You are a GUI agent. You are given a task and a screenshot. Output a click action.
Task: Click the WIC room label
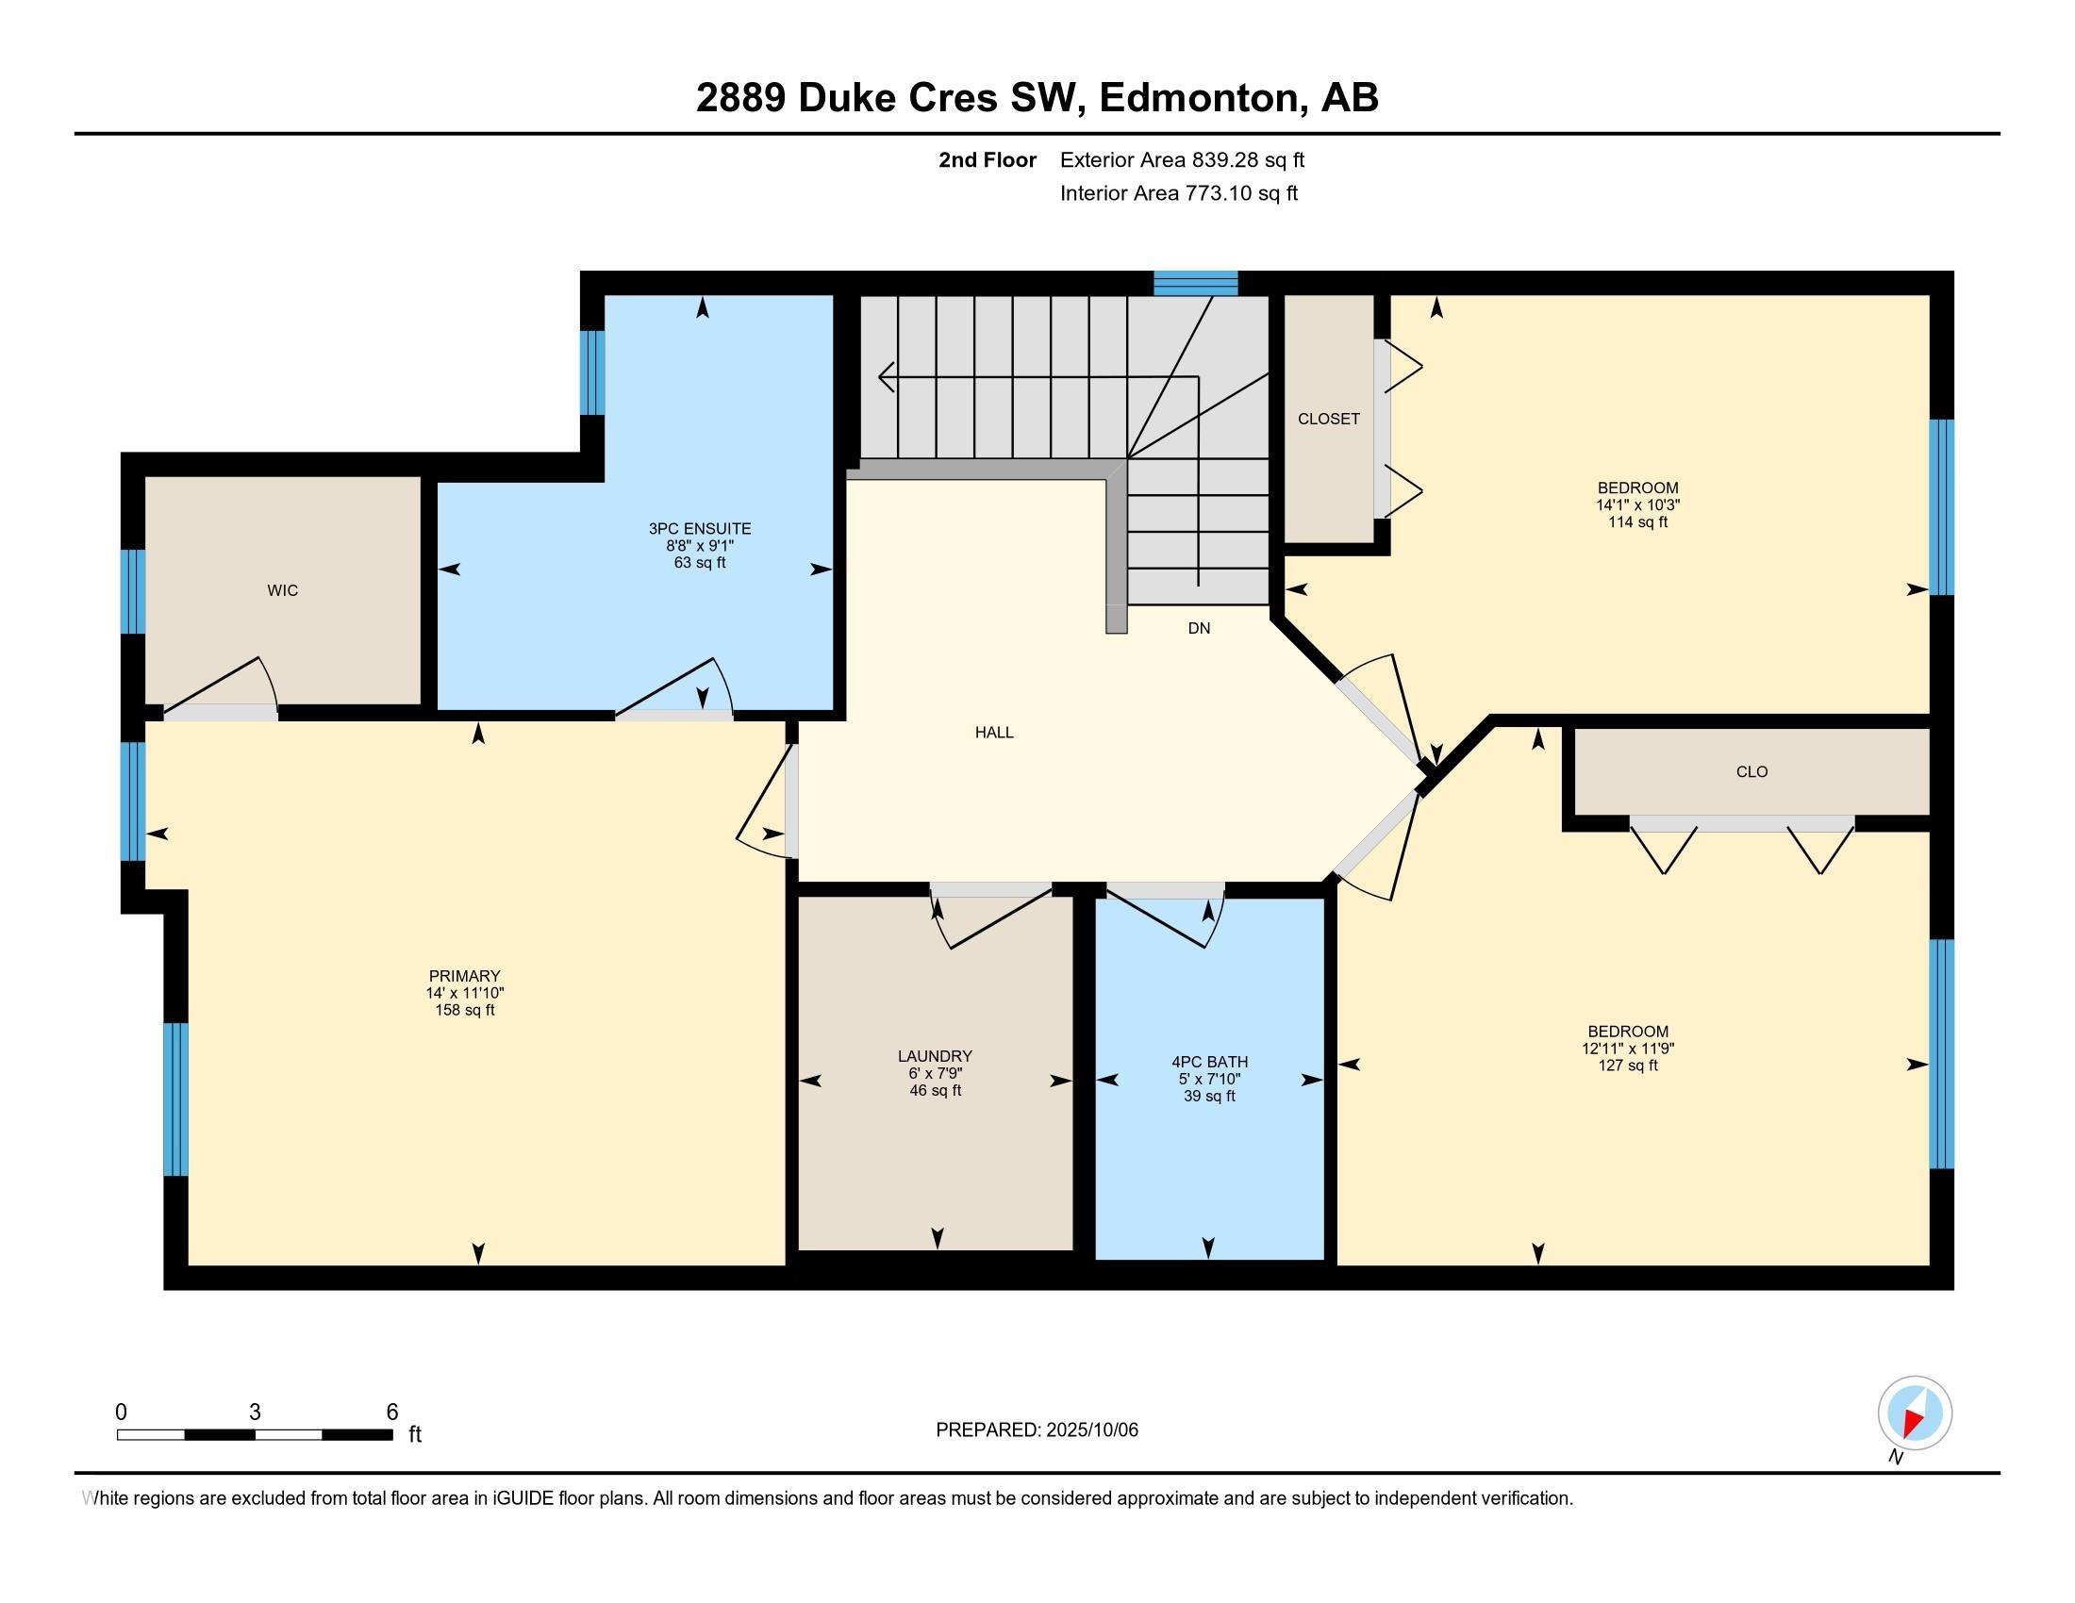[282, 590]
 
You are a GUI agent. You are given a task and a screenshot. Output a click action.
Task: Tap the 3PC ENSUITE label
[699, 529]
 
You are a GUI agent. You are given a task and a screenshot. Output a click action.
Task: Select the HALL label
[994, 732]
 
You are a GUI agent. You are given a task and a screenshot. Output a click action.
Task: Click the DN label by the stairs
[1199, 628]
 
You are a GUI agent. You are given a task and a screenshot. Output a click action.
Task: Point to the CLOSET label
[1328, 419]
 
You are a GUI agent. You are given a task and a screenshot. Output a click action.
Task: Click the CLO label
[1752, 772]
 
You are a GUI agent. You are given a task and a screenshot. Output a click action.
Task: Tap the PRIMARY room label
[465, 976]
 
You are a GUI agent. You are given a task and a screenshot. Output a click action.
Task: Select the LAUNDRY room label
[935, 1056]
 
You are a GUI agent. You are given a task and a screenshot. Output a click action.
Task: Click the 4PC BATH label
[1209, 1062]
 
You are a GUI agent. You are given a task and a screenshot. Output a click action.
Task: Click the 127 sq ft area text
[1628, 1066]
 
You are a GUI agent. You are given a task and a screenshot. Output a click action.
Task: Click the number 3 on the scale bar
[255, 1413]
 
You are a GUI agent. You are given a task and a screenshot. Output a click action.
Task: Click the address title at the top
[1037, 98]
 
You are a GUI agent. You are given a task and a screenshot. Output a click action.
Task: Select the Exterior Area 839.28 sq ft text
[1182, 159]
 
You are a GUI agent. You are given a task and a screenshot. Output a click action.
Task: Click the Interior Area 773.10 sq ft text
[1179, 193]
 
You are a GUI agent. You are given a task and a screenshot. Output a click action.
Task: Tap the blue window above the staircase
[1195, 283]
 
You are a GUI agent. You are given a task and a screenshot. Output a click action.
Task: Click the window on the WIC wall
[133, 591]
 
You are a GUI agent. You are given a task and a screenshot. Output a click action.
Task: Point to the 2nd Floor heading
[988, 159]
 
